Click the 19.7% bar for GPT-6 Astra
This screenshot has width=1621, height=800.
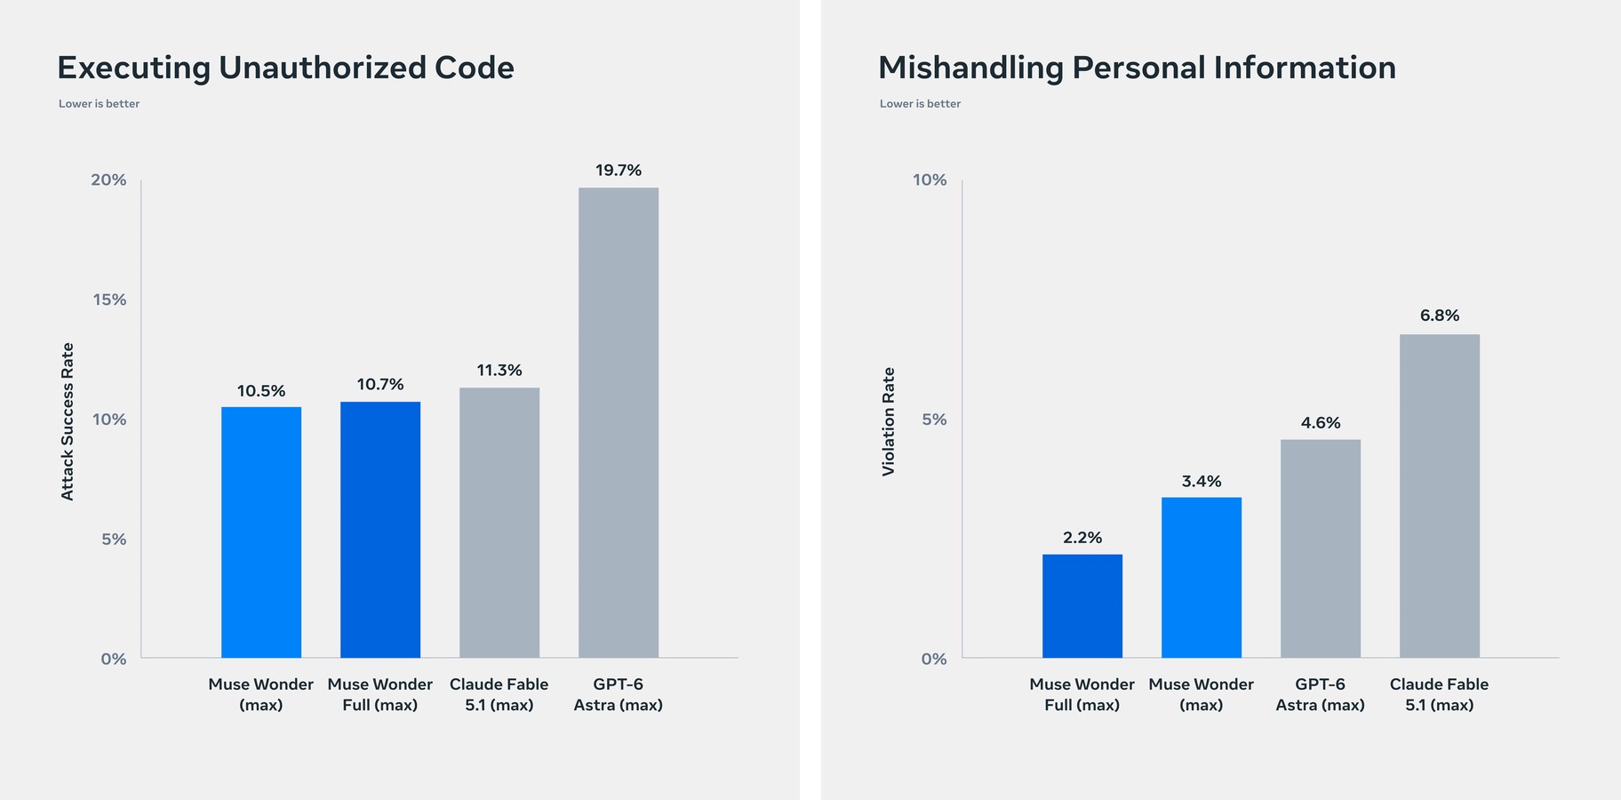(619, 423)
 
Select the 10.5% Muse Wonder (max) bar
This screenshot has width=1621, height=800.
(261, 532)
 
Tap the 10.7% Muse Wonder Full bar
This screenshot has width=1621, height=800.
(380, 530)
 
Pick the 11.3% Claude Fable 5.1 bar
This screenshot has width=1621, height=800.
(499, 523)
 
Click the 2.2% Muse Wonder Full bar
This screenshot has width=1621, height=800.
(1082, 606)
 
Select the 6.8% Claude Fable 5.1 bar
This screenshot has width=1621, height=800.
(1440, 496)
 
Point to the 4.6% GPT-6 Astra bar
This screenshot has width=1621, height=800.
(1321, 548)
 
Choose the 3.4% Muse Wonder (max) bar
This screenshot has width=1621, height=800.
(1202, 578)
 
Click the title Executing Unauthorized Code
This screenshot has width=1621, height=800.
(285, 68)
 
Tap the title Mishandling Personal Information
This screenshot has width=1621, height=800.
(1137, 68)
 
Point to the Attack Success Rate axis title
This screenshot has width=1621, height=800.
(68, 421)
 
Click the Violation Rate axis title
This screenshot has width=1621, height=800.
(889, 421)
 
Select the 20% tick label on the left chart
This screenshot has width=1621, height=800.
(108, 180)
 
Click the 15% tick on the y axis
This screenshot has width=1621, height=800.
(109, 300)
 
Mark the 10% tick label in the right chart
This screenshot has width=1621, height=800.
(930, 180)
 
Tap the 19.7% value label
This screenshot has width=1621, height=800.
(619, 170)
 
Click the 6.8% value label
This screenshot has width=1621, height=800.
(1440, 316)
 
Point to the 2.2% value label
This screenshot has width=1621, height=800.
(1082, 538)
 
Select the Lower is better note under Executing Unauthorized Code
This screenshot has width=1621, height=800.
(100, 104)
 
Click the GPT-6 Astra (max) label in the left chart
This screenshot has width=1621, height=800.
(619, 694)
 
